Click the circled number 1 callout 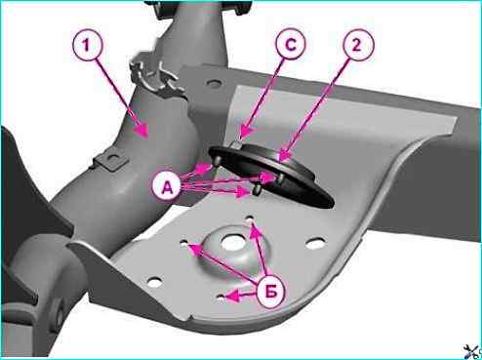87,47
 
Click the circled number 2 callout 357,46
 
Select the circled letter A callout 168,187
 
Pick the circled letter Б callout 272,293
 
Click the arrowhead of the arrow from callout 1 143,132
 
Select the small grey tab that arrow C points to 238,144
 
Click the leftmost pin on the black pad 218,162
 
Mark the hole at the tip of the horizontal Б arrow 221,297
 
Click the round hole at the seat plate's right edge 315,243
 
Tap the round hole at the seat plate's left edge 155,282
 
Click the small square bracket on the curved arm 111,160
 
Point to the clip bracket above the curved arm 153,77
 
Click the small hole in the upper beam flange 214,84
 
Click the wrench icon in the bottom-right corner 472,351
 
